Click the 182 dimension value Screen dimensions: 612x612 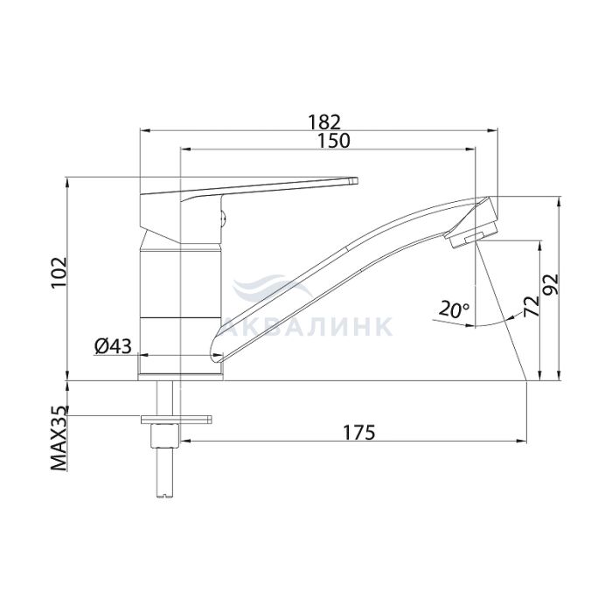point(324,122)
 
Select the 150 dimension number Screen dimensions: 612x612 point(333,141)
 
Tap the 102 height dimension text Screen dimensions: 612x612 point(59,273)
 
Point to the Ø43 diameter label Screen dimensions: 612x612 point(113,346)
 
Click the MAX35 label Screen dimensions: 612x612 point(59,438)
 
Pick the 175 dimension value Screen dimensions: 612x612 point(358,432)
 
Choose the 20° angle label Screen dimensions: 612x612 point(454,309)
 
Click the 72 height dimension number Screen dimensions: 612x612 point(532,306)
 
